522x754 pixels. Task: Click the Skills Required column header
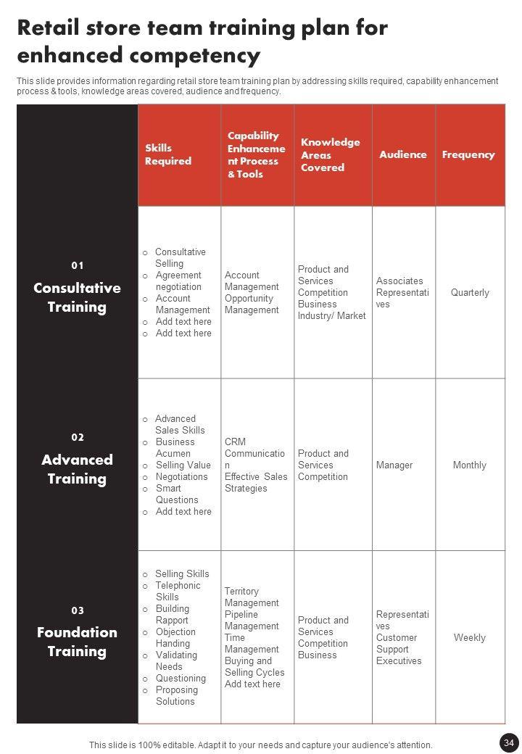pyautogui.click(x=168, y=154)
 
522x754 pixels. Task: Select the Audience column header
pyautogui.click(x=403, y=154)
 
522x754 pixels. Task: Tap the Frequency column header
pyautogui.click(x=468, y=154)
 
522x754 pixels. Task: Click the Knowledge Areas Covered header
pyautogui.click(x=331, y=154)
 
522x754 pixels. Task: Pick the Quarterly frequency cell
pyautogui.click(x=470, y=293)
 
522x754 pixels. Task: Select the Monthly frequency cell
pyautogui.click(x=470, y=465)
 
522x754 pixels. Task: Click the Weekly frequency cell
pyautogui.click(x=470, y=638)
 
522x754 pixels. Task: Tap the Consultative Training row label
pyautogui.click(x=77, y=297)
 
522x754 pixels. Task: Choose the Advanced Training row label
pyautogui.click(x=77, y=469)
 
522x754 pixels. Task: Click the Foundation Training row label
pyautogui.click(x=77, y=642)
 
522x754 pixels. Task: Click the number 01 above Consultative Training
pyautogui.click(x=78, y=265)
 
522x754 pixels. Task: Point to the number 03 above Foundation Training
pyautogui.click(x=78, y=610)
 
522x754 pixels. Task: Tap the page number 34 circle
pyautogui.click(x=508, y=742)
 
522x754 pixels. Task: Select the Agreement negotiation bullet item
pyautogui.click(x=178, y=281)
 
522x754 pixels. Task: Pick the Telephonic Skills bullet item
pyautogui.click(x=178, y=592)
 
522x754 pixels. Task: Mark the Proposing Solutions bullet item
pyautogui.click(x=176, y=696)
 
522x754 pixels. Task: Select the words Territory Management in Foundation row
pyautogui.click(x=252, y=597)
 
